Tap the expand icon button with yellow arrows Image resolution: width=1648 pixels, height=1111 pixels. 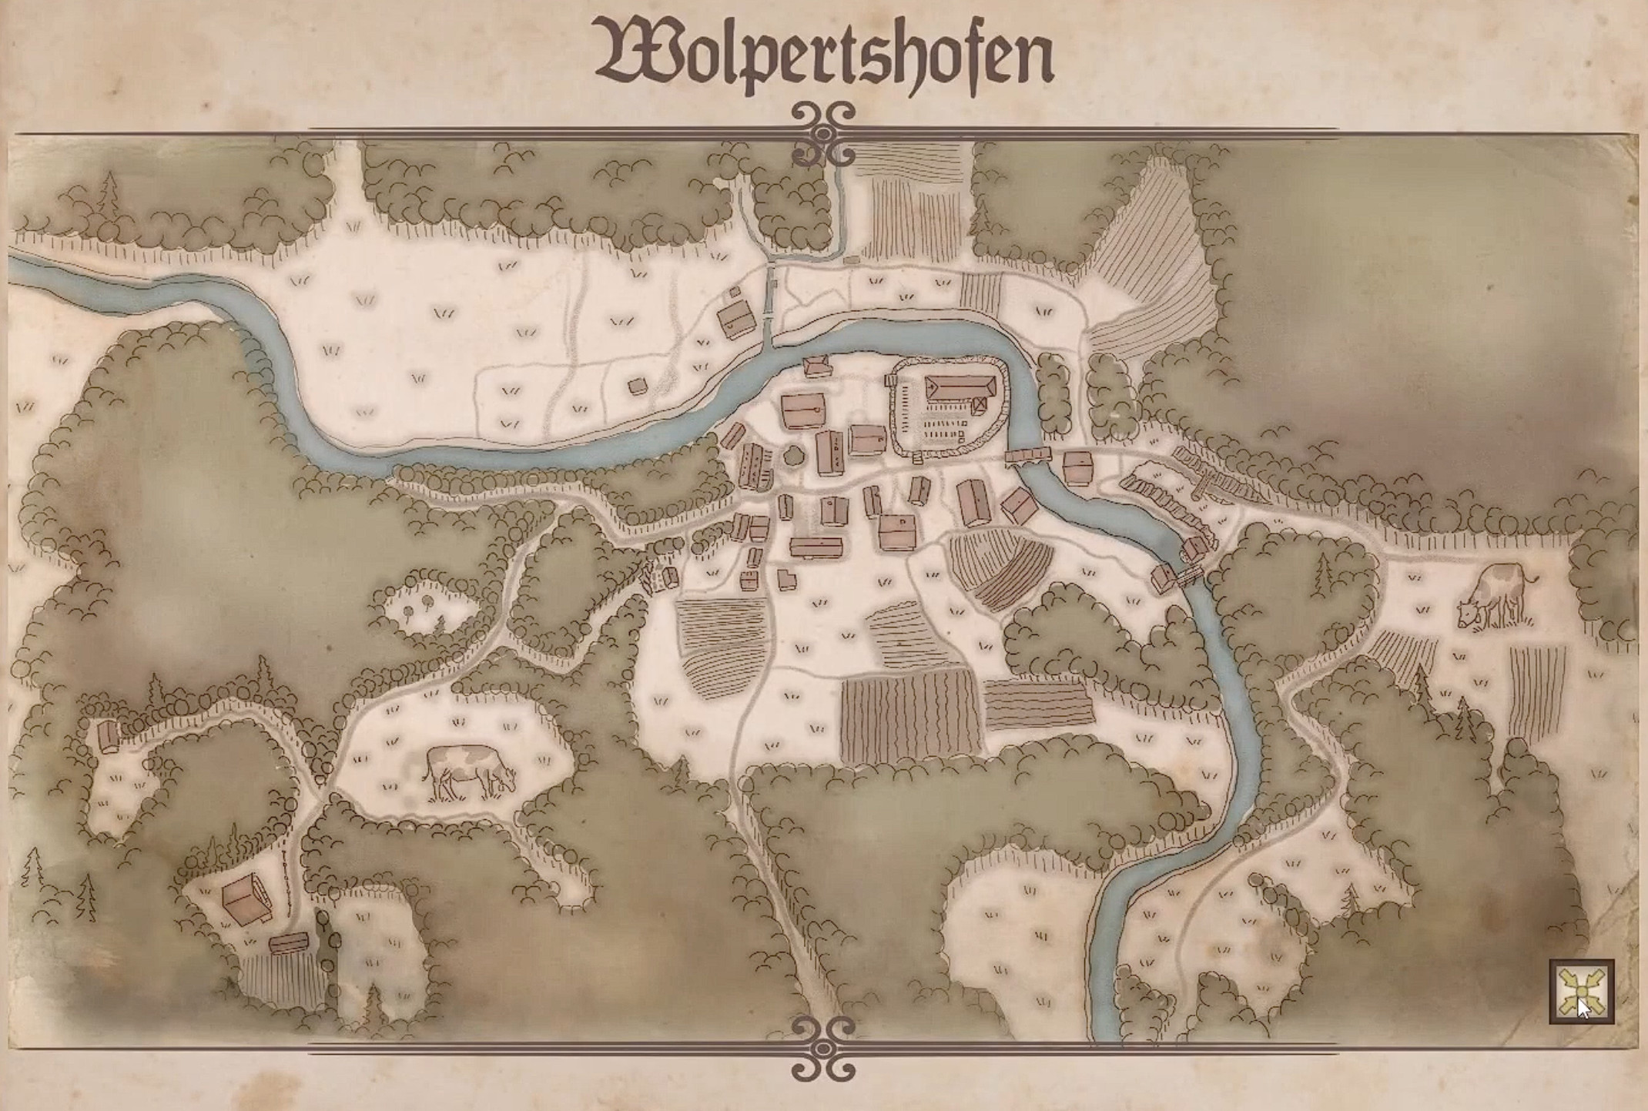coord(1582,992)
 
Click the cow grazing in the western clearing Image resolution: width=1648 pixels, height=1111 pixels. coord(469,771)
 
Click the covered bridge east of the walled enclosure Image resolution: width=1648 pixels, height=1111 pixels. coord(1028,457)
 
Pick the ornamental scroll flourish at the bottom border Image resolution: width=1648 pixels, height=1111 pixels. coord(823,1048)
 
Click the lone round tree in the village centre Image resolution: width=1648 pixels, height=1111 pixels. coord(793,456)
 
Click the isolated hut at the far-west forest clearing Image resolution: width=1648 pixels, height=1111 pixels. coord(109,736)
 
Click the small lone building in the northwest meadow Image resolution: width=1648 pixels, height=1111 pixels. coord(638,385)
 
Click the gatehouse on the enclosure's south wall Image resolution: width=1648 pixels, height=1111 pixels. coord(916,459)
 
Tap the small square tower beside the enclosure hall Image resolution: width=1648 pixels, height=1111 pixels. coord(980,403)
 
